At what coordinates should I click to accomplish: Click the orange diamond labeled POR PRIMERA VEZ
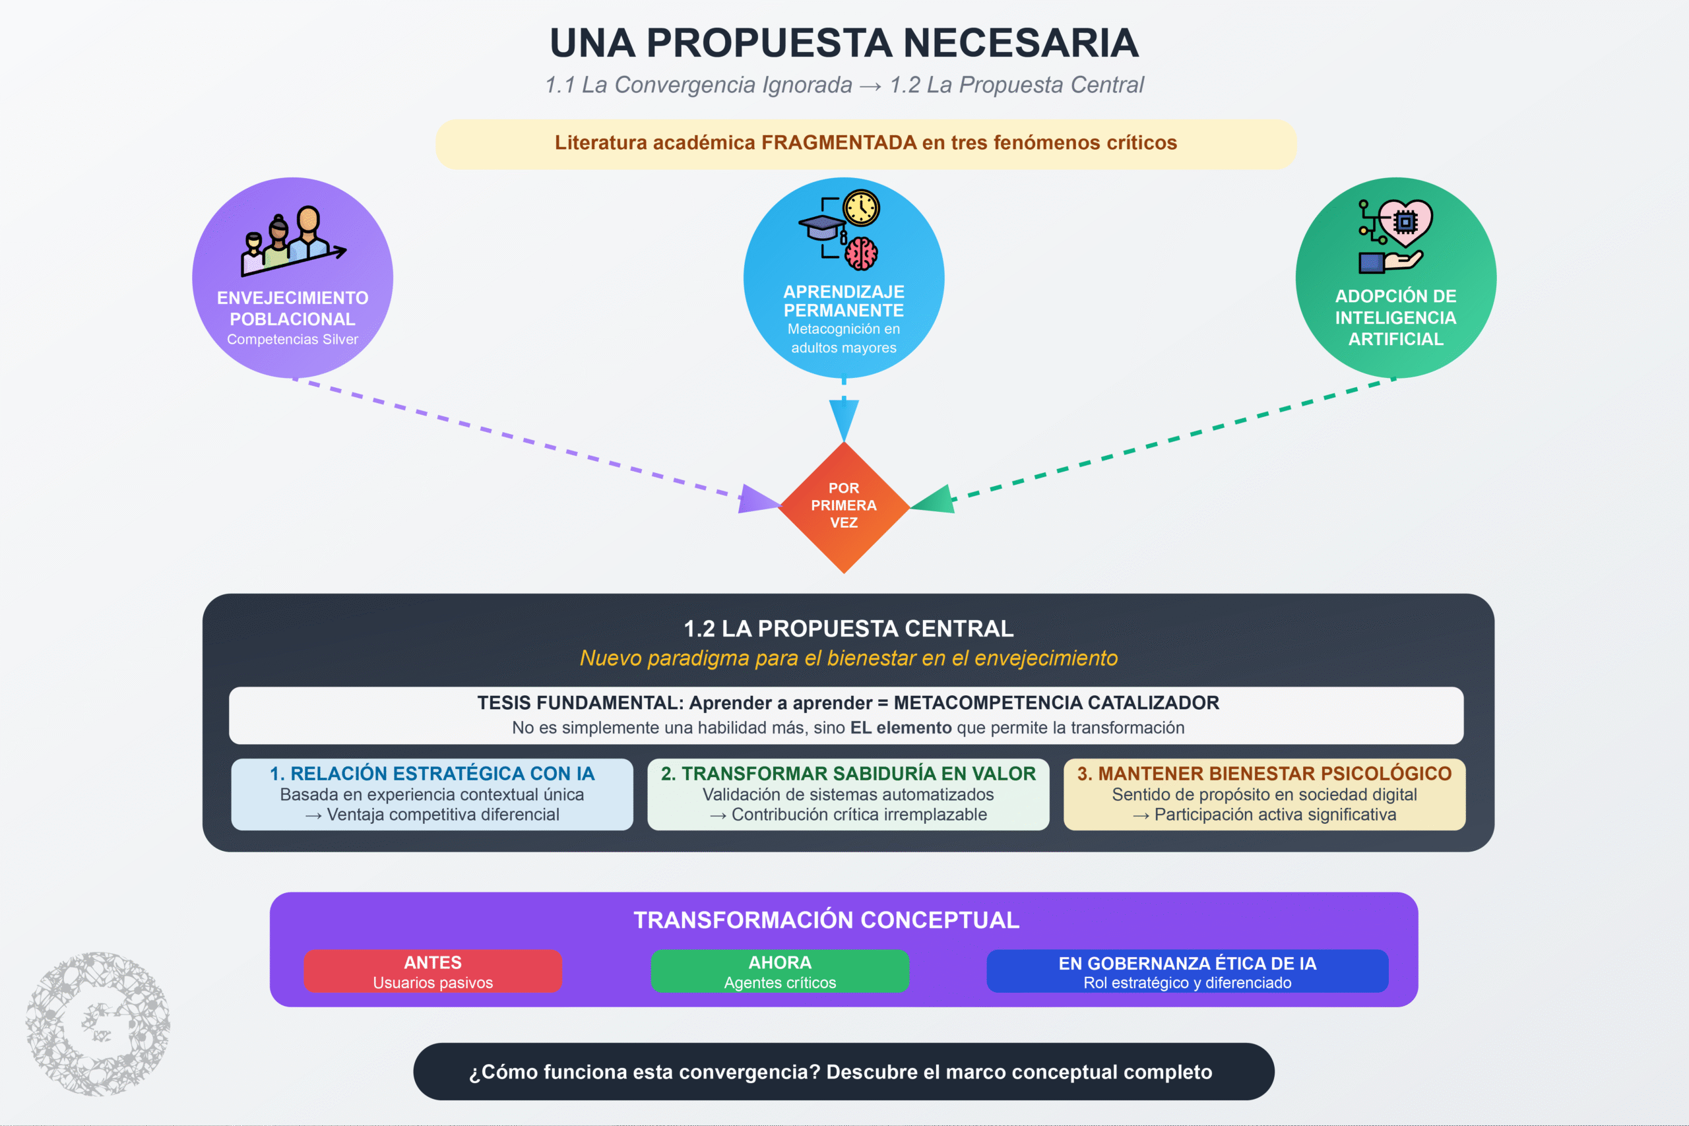(x=844, y=507)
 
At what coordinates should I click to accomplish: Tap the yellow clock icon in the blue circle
(x=861, y=208)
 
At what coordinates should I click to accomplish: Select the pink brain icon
(x=861, y=253)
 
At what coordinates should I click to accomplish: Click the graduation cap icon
(x=822, y=228)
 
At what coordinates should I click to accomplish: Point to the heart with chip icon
(x=1405, y=222)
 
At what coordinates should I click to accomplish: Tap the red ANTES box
(x=433, y=971)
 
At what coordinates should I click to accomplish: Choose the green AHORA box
(x=780, y=971)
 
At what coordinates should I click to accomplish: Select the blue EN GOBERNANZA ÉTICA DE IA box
(x=1187, y=971)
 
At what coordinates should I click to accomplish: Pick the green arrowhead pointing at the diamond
(x=933, y=499)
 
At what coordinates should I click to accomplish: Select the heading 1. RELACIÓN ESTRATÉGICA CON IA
(x=432, y=773)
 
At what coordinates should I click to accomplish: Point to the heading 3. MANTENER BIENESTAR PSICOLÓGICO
(x=1264, y=773)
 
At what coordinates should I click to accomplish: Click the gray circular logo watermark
(x=98, y=1024)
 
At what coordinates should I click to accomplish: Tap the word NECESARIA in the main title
(x=1021, y=43)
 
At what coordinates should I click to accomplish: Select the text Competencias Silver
(x=292, y=339)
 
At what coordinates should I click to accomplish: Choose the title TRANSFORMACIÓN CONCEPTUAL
(x=827, y=920)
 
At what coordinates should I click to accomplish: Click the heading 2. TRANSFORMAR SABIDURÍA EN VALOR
(x=848, y=773)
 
